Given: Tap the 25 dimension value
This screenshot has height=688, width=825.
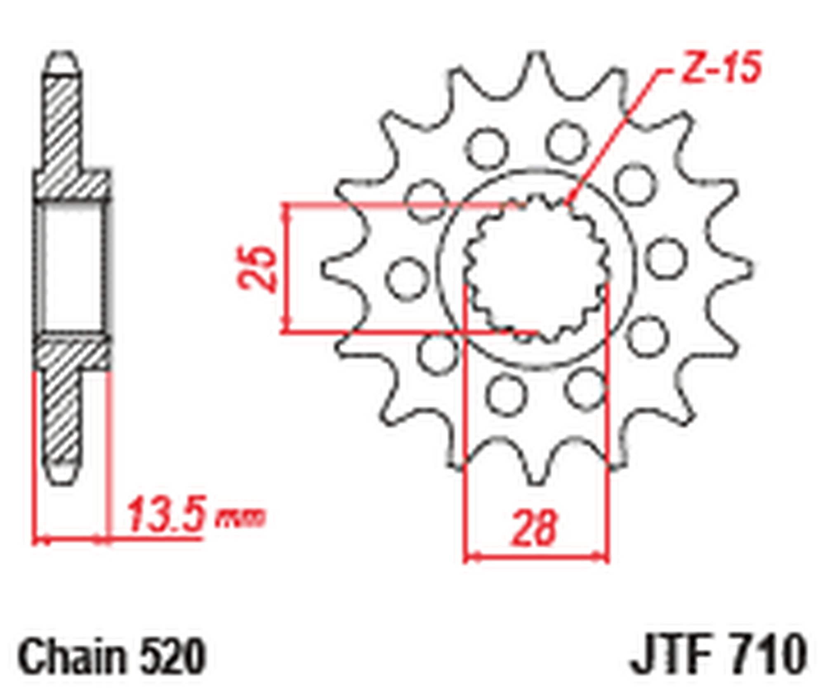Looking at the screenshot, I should [x=257, y=269].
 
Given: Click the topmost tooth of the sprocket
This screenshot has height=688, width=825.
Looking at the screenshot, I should [x=536, y=68].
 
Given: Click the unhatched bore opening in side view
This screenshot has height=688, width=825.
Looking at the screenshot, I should [x=72, y=268].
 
